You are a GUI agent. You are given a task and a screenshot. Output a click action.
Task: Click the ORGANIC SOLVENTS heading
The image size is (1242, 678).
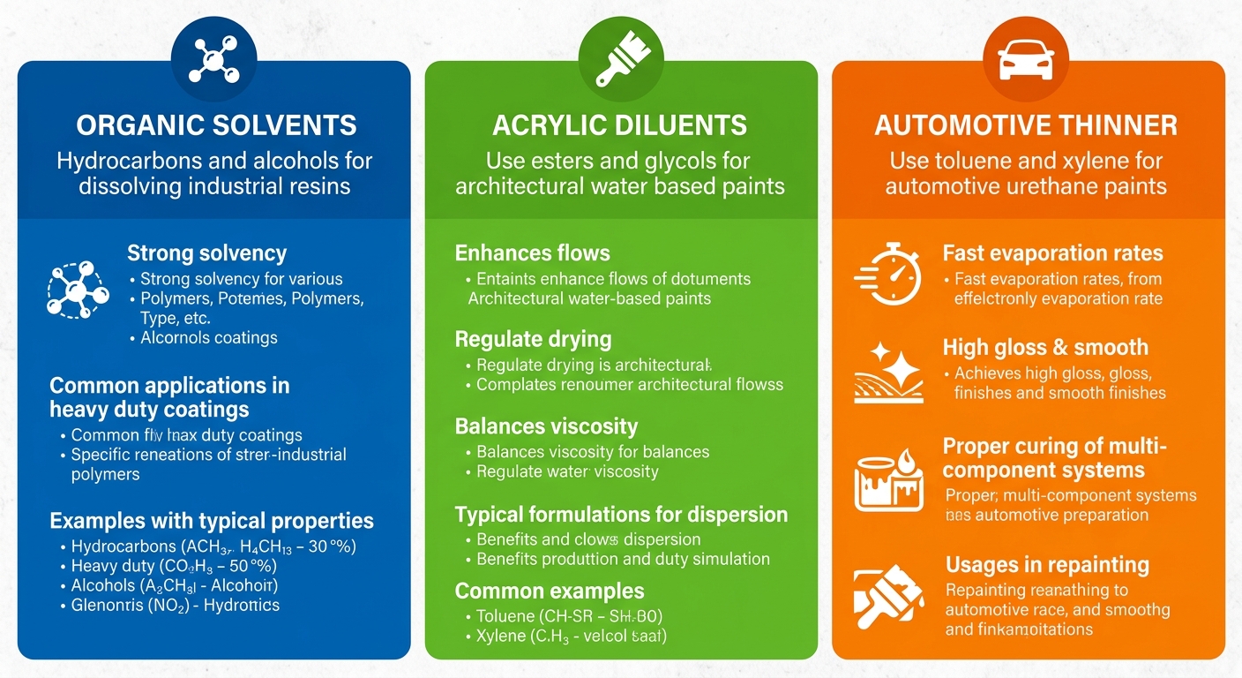click(216, 125)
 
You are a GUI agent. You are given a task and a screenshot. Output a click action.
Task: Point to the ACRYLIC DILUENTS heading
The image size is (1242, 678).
click(620, 125)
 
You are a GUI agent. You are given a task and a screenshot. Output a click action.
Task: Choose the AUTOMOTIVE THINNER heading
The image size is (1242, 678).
click(1026, 125)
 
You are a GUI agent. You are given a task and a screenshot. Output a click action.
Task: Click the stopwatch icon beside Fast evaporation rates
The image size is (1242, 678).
click(888, 275)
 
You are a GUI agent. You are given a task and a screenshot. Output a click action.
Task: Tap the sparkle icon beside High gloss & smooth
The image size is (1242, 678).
click(888, 373)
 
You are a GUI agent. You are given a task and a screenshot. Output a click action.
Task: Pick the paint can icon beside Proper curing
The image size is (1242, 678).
click(888, 480)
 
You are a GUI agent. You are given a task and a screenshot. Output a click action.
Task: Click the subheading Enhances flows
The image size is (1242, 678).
click(532, 253)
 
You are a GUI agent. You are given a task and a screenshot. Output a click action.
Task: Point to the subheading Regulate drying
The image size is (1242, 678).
click(533, 339)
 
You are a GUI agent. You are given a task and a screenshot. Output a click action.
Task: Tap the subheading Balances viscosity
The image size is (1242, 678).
click(546, 426)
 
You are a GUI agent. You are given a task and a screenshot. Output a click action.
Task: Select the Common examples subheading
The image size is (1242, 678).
click(550, 591)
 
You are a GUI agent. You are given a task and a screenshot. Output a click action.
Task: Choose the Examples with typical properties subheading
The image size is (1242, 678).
click(212, 520)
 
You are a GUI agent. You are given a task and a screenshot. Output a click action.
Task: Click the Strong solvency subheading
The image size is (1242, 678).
click(206, 253)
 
